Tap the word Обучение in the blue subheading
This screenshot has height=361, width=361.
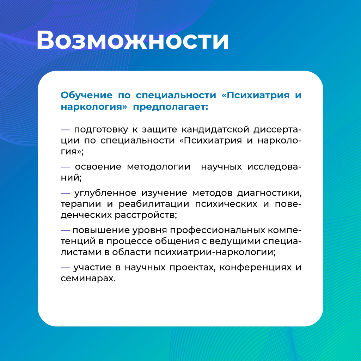[87, 95]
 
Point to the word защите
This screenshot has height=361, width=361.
[160, 130]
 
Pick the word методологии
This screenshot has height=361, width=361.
[159, 167]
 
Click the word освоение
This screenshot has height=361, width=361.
[98, 167]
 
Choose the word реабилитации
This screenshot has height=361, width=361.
[154, 204]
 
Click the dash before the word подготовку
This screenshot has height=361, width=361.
[65, 130]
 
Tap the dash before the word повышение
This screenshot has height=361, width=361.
[65, 230]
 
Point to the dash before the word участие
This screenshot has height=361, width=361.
[65, 268]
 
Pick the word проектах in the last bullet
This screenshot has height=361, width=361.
[192, 268]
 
